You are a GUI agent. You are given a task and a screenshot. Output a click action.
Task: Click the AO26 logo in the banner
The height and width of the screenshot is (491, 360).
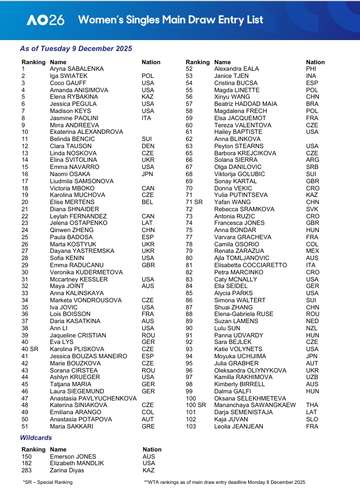[x=46, y=20]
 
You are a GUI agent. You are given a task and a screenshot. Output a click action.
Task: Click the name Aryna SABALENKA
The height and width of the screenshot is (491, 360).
[x=77, y=69]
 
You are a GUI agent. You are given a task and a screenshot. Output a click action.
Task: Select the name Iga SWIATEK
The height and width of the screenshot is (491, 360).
[x=69, y=76]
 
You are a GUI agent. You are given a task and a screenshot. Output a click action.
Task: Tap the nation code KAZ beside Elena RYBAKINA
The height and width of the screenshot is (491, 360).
[x=148, y=97]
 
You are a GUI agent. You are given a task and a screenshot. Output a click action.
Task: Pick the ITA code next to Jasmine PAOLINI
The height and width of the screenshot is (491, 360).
[x=147, y=118]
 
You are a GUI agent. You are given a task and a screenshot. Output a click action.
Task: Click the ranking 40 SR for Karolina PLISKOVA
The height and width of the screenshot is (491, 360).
[x=30, y=349]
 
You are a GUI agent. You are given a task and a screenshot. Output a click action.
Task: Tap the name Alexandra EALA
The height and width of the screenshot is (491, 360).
[x=236, y=69]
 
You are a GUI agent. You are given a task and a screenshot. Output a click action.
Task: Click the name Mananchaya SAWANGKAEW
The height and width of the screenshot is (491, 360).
[x=255, y=405]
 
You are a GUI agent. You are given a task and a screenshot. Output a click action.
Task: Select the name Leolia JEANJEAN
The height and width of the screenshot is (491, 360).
[x=239, y=427]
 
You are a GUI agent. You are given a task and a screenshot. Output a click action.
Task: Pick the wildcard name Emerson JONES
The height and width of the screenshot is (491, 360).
[x=73, y=456]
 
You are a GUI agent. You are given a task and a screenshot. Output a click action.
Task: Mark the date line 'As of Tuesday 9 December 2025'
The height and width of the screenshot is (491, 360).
[x=76, y=49]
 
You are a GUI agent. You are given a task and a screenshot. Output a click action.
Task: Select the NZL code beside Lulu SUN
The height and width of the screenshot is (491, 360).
[x=312, y=328]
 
